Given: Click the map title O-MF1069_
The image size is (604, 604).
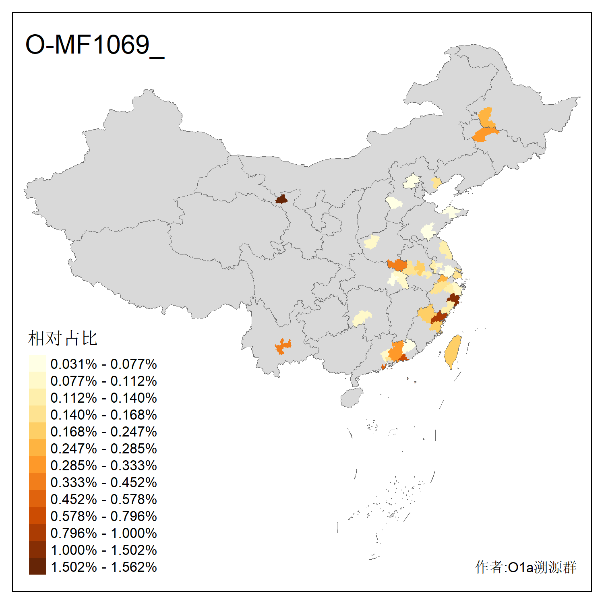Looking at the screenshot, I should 95,45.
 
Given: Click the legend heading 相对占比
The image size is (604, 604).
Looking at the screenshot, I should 62,338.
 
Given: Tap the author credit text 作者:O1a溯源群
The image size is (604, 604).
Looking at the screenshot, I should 525,567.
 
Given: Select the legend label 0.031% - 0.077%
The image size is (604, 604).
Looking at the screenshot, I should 103,364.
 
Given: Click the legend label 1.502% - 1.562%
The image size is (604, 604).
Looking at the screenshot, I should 103,567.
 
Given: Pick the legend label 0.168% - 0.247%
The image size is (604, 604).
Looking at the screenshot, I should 103,432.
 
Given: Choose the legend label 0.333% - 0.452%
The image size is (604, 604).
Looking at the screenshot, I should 103,482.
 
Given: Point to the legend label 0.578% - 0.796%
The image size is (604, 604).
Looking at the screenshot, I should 103,516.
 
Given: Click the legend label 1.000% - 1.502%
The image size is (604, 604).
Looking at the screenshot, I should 103,550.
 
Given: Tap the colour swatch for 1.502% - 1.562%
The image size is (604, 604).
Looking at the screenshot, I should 37,566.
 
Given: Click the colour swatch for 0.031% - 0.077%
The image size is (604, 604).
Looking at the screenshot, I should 37,363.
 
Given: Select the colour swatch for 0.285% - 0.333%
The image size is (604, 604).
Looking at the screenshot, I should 37,465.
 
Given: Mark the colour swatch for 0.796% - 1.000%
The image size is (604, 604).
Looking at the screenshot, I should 37,532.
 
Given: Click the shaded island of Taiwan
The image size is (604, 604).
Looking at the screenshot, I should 453,350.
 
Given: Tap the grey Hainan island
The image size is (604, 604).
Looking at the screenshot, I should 352,398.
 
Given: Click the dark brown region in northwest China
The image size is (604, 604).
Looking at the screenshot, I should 281,199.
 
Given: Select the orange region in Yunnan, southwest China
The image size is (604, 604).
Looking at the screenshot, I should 283,346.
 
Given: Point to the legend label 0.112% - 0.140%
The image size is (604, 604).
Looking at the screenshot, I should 103,398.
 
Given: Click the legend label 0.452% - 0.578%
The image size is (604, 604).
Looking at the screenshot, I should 103,499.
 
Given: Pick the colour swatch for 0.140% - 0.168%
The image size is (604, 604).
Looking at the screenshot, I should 37,414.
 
